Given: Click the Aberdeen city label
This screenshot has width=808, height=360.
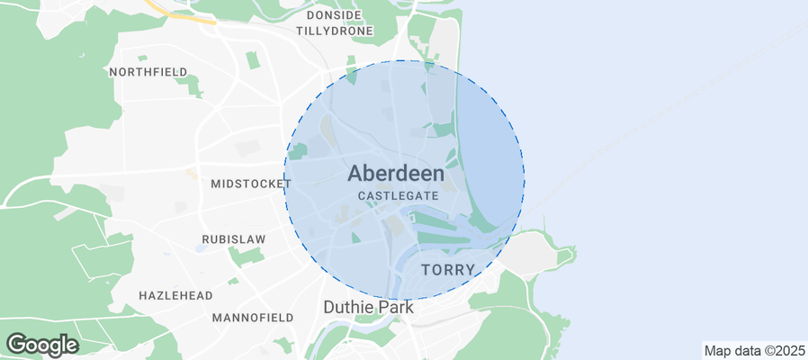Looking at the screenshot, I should (396, 174).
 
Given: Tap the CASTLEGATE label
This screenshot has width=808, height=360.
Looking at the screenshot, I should (398, 195).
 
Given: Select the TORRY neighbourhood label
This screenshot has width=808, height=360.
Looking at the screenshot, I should (448, 269).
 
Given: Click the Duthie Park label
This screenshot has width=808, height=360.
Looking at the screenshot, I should (368, 308).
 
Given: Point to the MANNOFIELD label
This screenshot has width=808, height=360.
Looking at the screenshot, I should (253, 318).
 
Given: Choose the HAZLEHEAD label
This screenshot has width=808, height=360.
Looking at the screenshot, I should (176, 295).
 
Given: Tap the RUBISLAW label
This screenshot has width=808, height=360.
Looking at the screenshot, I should (224, 240).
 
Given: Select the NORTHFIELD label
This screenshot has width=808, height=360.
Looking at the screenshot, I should (148, 71).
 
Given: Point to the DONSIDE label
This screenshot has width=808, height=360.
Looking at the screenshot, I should (334, 15).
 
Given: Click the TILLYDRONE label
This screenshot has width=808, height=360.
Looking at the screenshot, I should (335, 30).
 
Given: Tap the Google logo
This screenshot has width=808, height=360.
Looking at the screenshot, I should (42, 344).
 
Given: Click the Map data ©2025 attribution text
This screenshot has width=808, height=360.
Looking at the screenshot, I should (754, 350).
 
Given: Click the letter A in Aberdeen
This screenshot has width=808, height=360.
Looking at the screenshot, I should (356, 174).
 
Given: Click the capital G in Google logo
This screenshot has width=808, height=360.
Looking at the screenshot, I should (17, 344).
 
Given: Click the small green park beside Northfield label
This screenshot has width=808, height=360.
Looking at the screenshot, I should (189, 85).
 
